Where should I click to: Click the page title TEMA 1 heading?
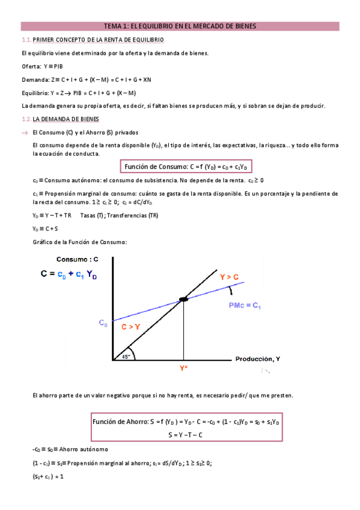[x=180, y=26]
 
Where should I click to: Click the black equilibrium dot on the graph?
[x=183, y=299]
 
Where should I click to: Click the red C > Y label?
[x=132, y=327]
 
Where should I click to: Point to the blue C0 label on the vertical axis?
[x=103, y=323]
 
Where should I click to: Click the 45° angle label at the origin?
[x=125, y=356]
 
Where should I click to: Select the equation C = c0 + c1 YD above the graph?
[x=69, y=274]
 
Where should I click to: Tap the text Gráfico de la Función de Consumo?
[x=79, y=242]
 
